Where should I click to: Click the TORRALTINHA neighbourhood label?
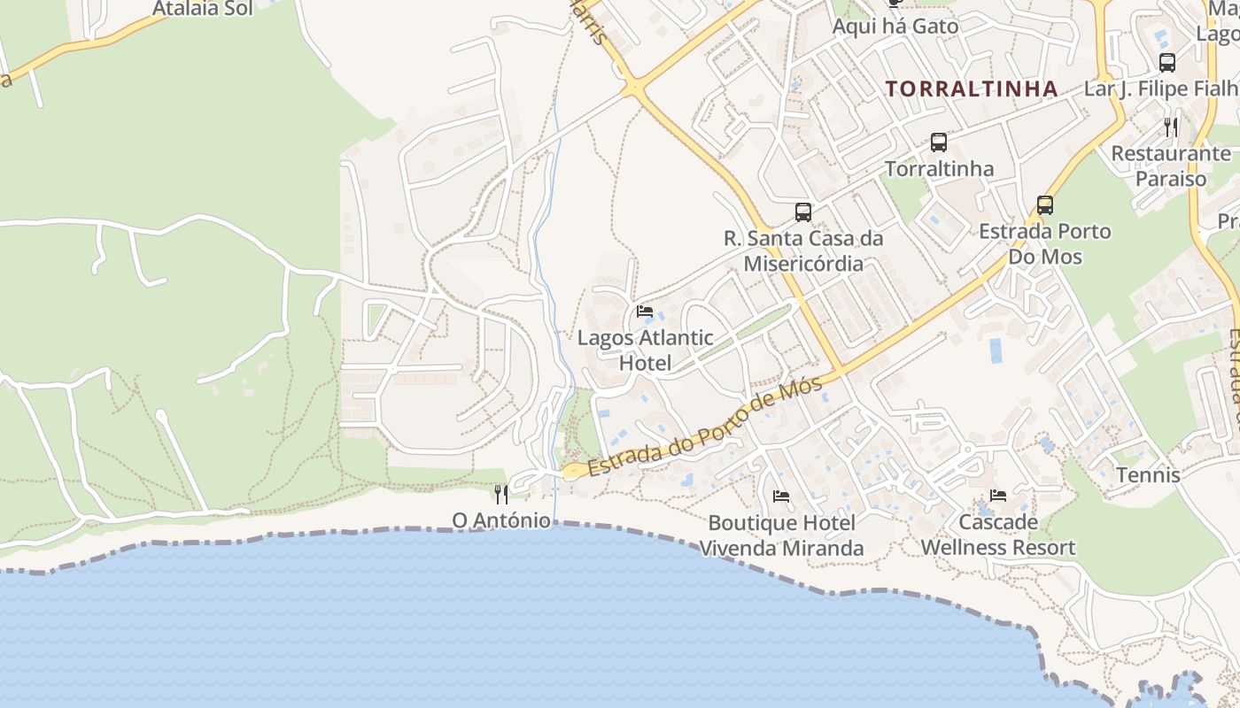[x=972, y=88]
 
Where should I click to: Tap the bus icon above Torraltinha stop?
[x=938, y=142]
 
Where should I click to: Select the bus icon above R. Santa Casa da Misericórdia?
[x=803, y=212]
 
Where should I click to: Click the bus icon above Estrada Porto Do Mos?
[x=1045, y=205]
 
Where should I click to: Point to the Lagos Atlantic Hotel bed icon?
[x=645, y=312]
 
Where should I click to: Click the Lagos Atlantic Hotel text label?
[x=645, y=350]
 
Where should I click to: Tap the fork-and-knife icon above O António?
[x=501, y=494]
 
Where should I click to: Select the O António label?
[x=501, y=519]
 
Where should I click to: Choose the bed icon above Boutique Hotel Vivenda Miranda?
[x=781, y=496]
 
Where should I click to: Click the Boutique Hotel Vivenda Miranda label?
[x=782, y=535]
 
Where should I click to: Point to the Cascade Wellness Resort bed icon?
[x=998, y=496]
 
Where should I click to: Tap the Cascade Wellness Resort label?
[x=998, y=535]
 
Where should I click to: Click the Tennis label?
[x=1148, y=475]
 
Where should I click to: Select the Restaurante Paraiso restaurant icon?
[x=1171, y=127]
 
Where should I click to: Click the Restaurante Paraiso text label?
[x=1171, y=166]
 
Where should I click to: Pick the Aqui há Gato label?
[x=895, y=27]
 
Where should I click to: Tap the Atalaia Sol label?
[x=203, y=9]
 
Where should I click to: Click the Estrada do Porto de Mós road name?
[x=705, y=428]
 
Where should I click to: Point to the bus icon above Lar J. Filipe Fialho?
[x=1167, y=63]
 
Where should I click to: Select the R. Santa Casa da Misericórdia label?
[x=803, y=250]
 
